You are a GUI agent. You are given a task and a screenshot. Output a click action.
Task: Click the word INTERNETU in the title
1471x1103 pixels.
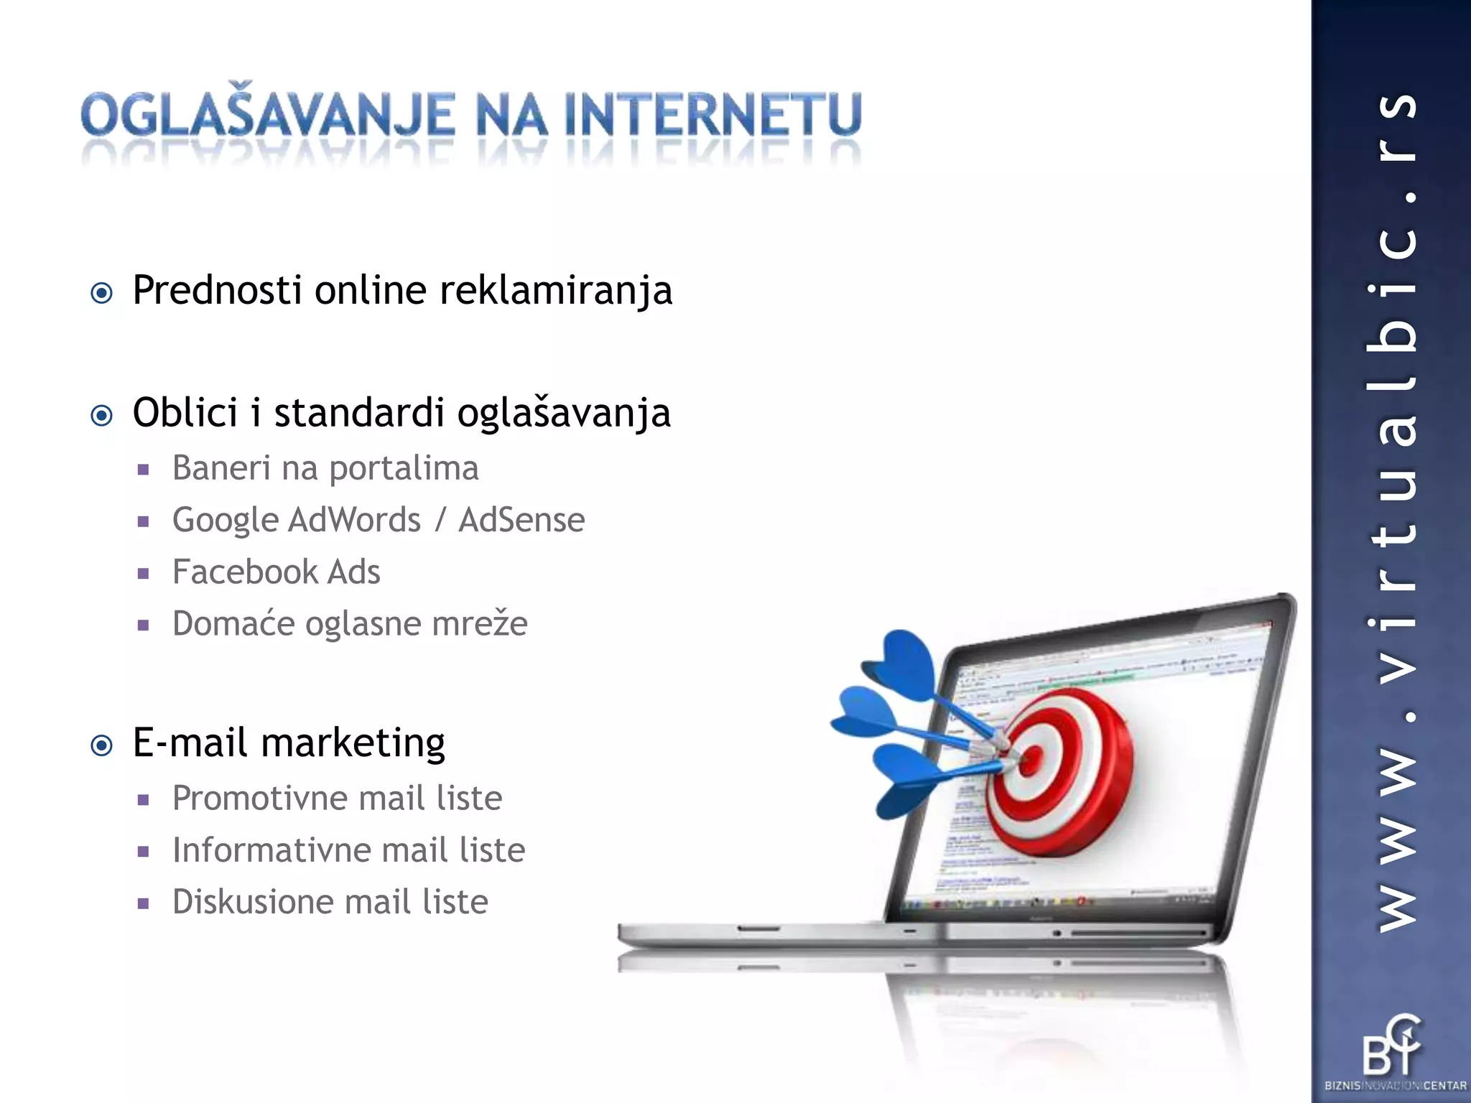(x=713, y=115)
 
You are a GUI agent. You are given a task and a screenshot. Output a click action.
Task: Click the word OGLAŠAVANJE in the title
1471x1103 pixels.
(x=267, y=115)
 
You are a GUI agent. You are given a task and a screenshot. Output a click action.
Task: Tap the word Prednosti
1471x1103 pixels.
(x=217, y=291)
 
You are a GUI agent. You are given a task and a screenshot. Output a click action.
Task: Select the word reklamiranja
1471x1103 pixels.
(x=555, y=291)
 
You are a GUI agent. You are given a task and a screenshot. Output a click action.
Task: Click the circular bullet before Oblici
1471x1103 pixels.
(x=102, y=415)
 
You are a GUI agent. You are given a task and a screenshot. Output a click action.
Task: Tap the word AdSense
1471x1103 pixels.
(x=521, y=520)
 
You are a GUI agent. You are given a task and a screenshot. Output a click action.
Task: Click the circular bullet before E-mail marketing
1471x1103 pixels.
(x=102, y=745)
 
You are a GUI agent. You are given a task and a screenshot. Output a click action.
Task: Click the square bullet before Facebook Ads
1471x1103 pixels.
(x=144, y=574)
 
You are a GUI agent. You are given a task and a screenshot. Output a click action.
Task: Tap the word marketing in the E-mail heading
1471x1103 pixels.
(x=353, y=743)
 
